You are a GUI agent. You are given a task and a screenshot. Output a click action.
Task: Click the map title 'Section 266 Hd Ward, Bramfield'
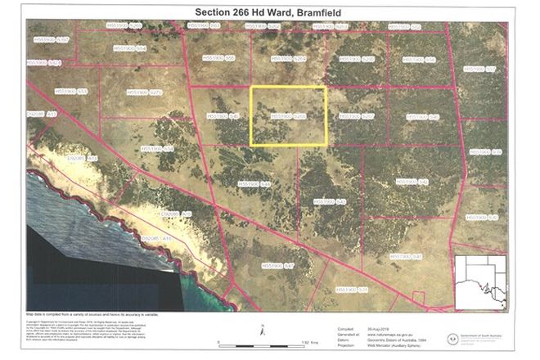coord(269,11)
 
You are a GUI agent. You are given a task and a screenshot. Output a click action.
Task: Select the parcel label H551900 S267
coord(356,117)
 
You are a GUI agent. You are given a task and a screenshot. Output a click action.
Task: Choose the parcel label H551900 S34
coord(158,149)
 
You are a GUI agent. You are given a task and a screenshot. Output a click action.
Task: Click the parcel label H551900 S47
coord(278,266)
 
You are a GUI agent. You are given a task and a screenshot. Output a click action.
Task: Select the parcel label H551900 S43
coord(331,200)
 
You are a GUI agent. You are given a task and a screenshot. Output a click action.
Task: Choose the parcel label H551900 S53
coord(71,92)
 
